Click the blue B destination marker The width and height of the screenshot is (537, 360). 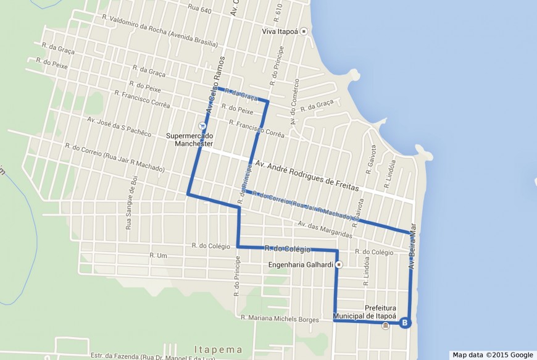(405, 322)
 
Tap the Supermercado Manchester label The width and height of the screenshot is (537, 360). (189, 140)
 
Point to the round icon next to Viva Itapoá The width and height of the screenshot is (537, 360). (303, 31)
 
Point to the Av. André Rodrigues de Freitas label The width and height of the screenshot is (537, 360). (307, 175)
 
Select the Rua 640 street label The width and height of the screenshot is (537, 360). (201, 10)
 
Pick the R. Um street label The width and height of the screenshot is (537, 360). (159, 255)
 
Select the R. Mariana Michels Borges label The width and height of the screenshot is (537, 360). (280, 319)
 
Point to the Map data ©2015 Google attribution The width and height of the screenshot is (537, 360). (492, 355)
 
